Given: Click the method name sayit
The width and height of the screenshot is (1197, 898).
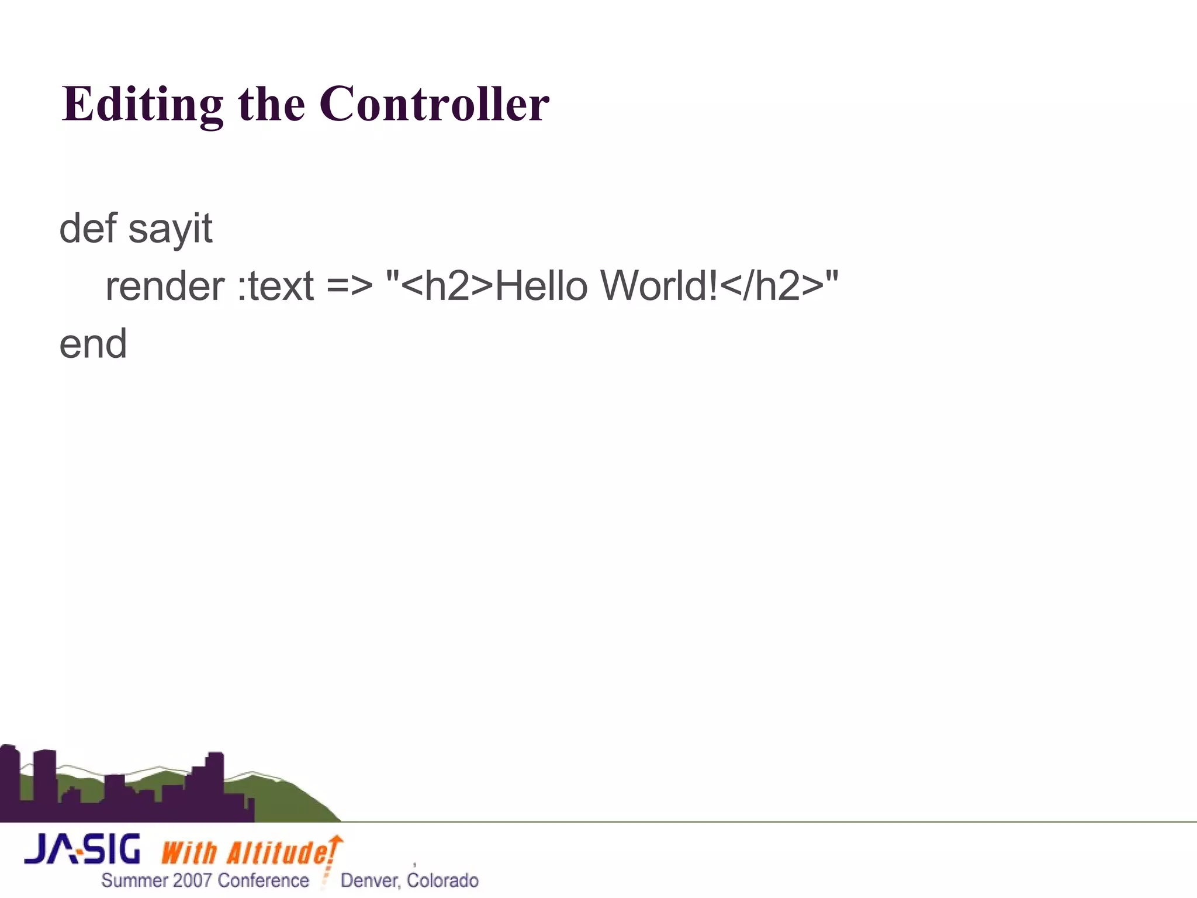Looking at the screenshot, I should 170,229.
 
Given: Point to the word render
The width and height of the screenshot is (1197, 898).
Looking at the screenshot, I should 165,286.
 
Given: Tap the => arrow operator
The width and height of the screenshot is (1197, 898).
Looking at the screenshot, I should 349,286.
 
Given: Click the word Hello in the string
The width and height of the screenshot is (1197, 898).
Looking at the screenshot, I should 541,286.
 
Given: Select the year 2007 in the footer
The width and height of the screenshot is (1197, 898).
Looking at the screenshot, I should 192,880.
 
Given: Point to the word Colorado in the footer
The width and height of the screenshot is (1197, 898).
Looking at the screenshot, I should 442,880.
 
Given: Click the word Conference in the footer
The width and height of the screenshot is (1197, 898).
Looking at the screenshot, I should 263,880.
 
